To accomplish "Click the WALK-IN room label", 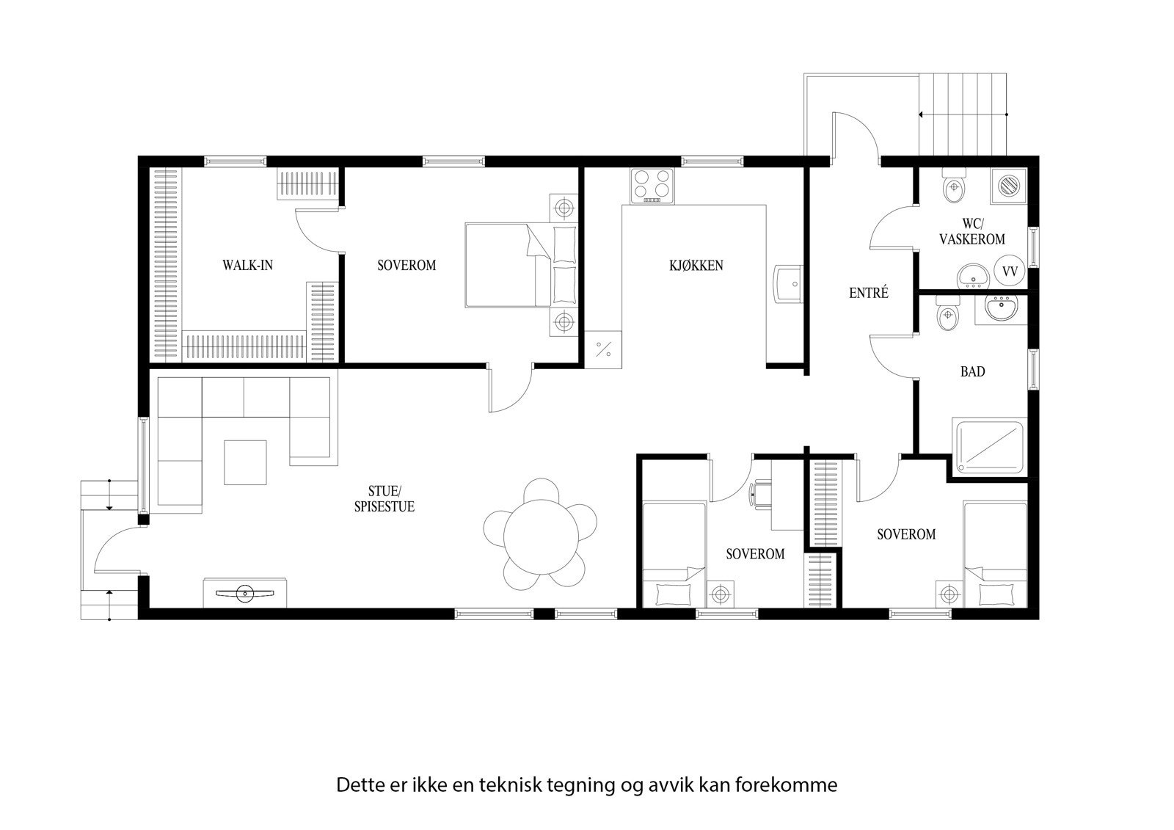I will pos(247,265).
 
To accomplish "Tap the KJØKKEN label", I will pos(696,265).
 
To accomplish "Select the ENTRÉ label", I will pos(869,293).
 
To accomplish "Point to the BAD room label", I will pos(972,372).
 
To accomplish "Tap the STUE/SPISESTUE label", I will pos(392,498).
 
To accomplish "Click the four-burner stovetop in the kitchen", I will pos(652,186).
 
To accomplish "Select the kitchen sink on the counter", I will pos(788,283).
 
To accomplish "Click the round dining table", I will pos(540,539).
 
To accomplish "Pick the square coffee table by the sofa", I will pos(246,462).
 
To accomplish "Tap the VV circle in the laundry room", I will pos(1010,272).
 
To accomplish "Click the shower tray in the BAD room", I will pos(988,445).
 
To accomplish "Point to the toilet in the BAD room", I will pos(947,314).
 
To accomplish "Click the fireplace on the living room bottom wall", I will pos(245,593).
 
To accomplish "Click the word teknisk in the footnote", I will pos(510,785).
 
